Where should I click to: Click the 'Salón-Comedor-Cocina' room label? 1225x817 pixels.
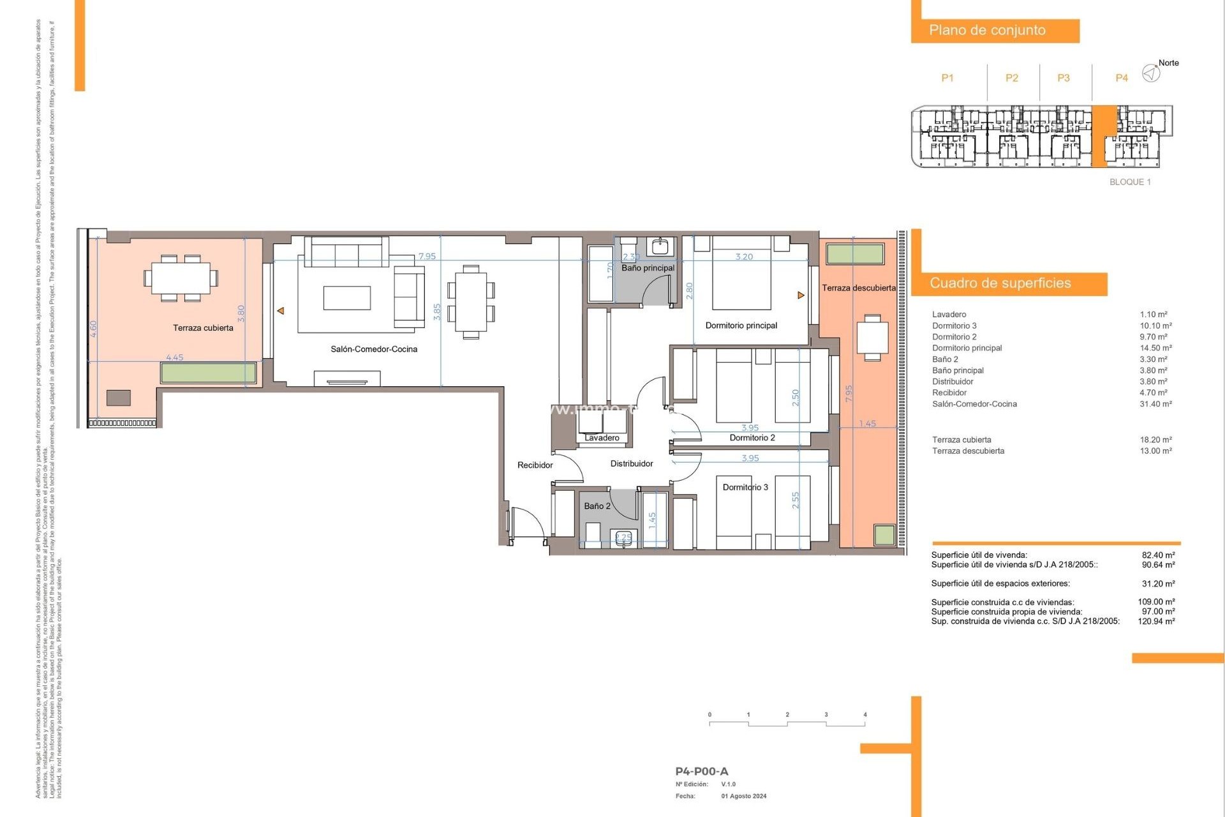[x=374, y=349]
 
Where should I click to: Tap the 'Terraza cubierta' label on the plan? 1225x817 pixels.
[x=203, y=328]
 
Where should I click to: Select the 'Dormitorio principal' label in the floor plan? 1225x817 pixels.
[x=741, y=326]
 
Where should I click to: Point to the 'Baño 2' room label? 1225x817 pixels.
[x=597, y=506]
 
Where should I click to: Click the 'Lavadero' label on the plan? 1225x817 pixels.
[x=602, y=438]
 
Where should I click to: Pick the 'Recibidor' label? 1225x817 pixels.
[x=535, y=465]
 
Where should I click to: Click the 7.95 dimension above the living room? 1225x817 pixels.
[x=427, y=257]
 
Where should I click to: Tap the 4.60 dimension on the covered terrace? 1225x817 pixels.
[x=94, y=329]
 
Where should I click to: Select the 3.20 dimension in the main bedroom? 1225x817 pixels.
[x=744, y=257]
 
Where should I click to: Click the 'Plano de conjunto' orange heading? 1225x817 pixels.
[x=987, y=31]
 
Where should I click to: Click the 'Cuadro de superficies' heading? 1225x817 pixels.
[x=1000, y=283]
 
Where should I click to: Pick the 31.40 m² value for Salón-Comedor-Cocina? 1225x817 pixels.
[x=1155, y=404]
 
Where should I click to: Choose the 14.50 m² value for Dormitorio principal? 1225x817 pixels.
[x=1155, y=348]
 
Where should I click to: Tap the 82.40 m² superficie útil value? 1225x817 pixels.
[x=1158, y=555]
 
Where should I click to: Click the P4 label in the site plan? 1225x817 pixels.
[x=1121, y=78]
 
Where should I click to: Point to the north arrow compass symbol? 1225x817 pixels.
[x=1150, y=73]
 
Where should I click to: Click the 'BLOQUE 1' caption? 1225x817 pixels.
[x=1130, y=182]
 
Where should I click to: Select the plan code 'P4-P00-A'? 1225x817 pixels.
[x=701, y=771]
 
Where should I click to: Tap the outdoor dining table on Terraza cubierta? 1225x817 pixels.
[x=181, y=278]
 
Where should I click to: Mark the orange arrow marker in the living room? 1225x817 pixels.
[x=280, y=311]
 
